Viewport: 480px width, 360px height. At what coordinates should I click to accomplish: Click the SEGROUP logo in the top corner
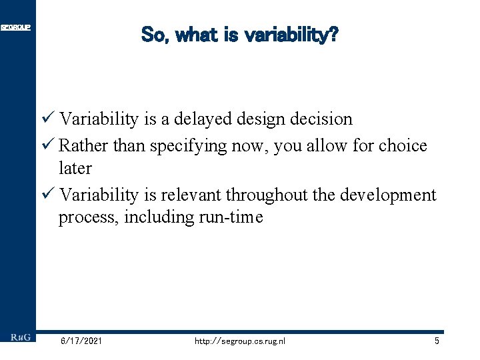[15, 27]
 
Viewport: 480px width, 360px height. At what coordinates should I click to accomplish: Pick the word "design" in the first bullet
[261, 119]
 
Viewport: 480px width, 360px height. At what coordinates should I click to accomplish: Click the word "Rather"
[84, 145]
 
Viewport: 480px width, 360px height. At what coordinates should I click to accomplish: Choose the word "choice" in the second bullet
[403, 145]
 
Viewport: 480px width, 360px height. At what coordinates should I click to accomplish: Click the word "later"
[75, 168]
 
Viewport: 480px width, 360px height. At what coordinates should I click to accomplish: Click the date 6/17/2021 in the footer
[81, 341]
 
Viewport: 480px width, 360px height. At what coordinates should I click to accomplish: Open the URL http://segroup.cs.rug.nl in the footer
[239, 341]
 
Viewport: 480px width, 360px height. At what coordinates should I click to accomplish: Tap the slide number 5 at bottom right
[436, 341]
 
